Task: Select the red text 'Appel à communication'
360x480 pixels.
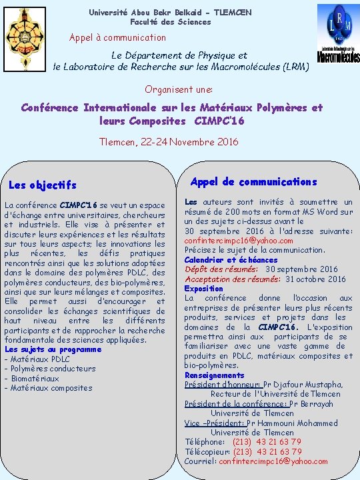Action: (117, 37)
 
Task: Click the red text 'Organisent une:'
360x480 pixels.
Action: (179, 89)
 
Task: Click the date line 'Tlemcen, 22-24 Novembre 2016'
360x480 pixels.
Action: (168, 141)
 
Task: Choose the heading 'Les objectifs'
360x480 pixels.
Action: (43, 185)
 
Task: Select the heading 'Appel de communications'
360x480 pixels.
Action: (253, 181)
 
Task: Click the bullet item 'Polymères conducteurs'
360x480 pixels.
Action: (53, 369)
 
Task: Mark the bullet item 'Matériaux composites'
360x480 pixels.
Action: (51, 388)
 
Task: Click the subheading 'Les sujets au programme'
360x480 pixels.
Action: (53, 349)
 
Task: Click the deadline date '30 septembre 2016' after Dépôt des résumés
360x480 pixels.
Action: (301, 269)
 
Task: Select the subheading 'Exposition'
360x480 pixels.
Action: (203, 289)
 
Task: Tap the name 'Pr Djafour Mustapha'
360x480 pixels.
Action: (303, 385)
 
